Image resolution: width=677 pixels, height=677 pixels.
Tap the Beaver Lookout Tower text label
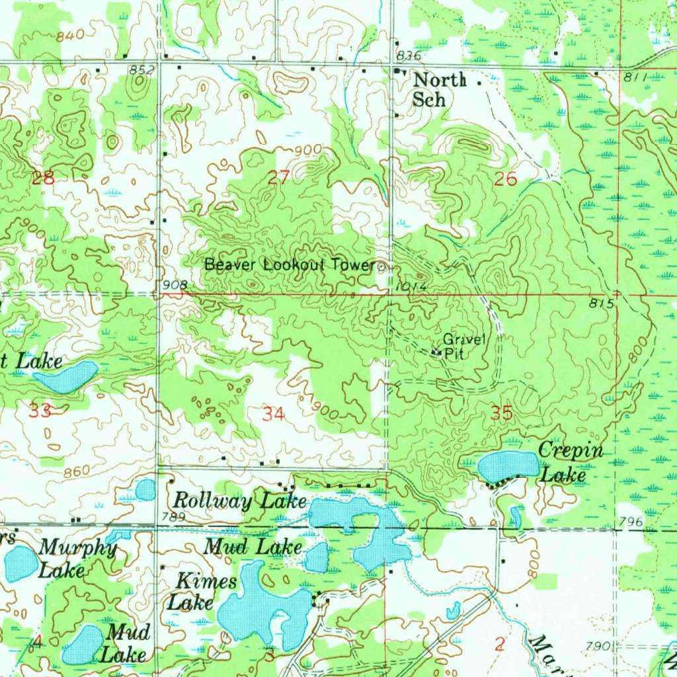point(289,265)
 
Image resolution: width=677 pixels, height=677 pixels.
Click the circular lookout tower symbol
point(383,267)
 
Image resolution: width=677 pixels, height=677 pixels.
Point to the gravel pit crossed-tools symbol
point(436,352)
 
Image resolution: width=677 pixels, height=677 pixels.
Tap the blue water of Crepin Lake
point(507,466)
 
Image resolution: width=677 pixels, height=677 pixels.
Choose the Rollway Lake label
point(240,501)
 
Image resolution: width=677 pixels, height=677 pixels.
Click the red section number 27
point(279,177)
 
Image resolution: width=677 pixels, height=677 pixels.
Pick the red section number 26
point(505,178)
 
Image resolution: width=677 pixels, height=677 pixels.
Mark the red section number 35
point(502,413)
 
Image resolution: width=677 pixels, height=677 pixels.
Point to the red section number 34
point(273,415)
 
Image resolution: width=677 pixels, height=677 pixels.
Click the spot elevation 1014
point(415,288)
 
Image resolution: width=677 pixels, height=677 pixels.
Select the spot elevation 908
point(175,285)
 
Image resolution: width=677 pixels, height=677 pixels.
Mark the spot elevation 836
point(408,54)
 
